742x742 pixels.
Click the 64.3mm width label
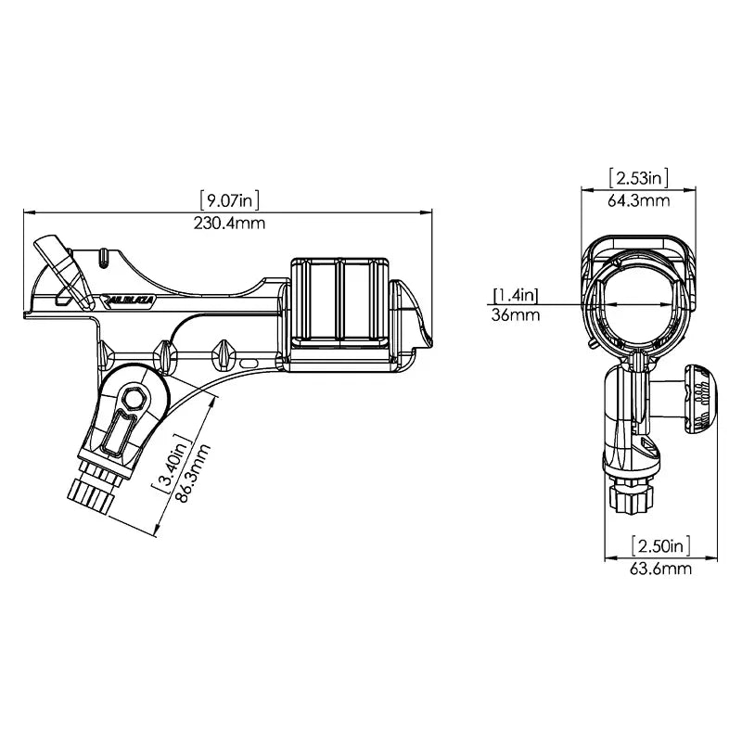[x=638, y=199]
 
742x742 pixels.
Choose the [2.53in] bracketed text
[x=638, y=177]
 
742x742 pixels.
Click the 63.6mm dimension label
[x=660, y=569]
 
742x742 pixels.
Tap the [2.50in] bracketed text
[x=660, y=544]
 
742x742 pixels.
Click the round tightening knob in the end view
[x=701, y=398]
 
